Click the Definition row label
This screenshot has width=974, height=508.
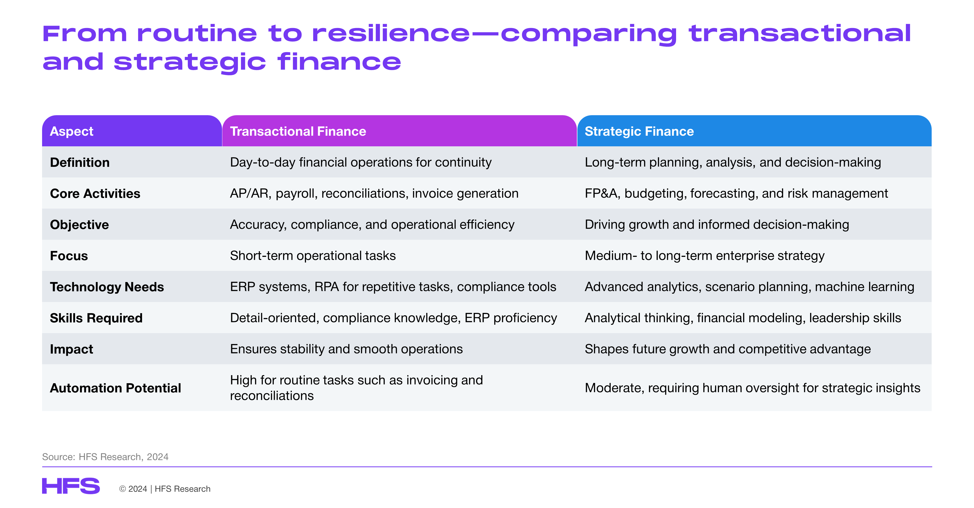tap(80, 162)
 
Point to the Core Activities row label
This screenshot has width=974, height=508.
tap(95, 193)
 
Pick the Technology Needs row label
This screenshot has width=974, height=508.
tap(107, 287)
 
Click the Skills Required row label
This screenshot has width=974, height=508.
tap(96, 318)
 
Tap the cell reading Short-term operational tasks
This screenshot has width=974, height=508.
tap(313, 256)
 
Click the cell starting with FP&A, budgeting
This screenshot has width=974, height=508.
tap(736, 193)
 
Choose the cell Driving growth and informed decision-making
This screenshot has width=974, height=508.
tap(717, 224)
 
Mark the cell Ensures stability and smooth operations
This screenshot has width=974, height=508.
tap(346, 349)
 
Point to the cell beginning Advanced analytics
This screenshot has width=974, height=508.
tap(749, 287)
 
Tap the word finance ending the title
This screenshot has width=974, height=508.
tap(339, 61)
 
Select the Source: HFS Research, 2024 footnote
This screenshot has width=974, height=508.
tap(105, 457)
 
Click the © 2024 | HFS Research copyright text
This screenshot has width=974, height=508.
tap(164, 489)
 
